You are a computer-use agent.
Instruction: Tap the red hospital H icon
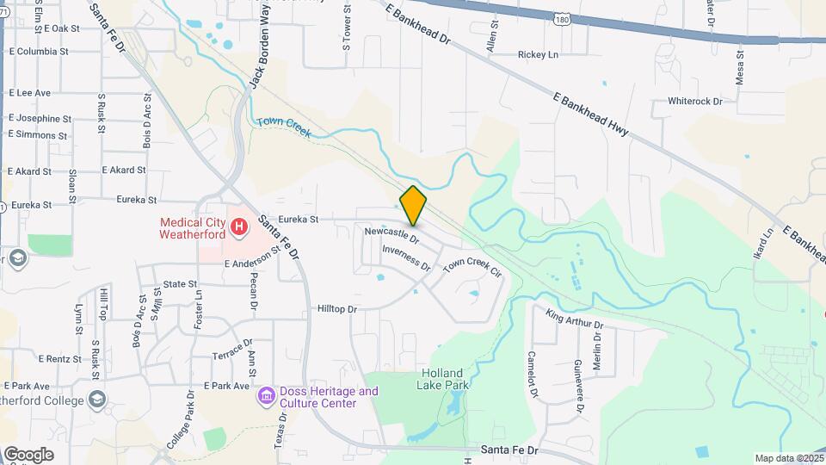point(240,228)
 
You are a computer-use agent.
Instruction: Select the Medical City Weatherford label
point(192,227)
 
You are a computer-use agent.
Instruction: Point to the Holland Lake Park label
point(444,379)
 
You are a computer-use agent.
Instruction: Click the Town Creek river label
point(283,127)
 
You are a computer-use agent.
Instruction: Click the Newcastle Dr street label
point(391,233)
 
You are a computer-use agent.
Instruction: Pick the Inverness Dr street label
point(406,257)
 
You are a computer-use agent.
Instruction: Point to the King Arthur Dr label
point(575,319)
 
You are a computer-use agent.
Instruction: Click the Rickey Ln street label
point(538,55)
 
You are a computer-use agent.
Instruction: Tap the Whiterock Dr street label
point(695,102)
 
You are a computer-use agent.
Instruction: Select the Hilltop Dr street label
point(336,308)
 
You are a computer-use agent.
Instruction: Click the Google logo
point(28,454)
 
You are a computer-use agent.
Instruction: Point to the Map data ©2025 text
point(788,458)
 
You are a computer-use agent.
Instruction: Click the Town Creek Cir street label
point(472,266)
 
